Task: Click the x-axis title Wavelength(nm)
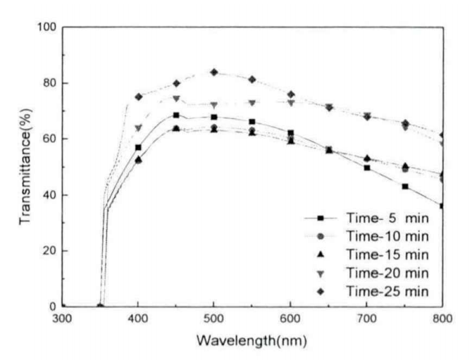251,342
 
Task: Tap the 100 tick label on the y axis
47,27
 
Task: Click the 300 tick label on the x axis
63,319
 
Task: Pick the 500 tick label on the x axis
213,319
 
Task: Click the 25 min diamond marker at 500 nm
213,73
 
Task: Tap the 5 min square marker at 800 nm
442,206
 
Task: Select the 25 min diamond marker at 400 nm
139,97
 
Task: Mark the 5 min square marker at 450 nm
176,115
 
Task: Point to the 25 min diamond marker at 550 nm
251,80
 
